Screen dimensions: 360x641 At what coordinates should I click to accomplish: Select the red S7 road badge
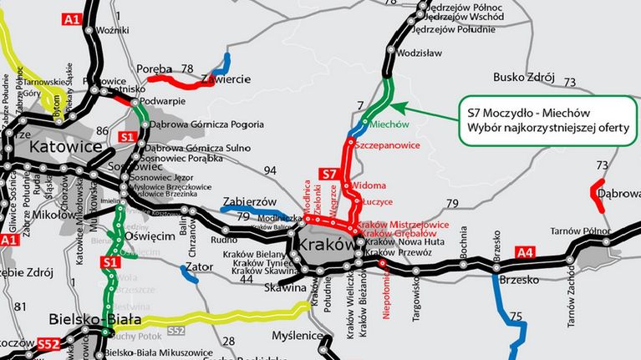329,174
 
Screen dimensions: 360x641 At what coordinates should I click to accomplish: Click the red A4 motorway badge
524,229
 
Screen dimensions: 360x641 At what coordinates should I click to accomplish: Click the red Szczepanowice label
385,145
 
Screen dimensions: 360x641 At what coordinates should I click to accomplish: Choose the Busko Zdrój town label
524,78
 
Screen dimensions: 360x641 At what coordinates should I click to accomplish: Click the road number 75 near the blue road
515,317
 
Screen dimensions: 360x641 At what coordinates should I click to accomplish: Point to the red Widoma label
369,185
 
